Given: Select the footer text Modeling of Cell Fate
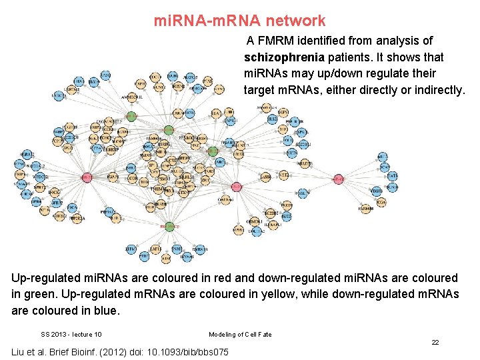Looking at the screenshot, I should coord(240,334).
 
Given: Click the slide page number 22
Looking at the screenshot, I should coord(435,342).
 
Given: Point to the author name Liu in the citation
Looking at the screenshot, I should coord(20,351).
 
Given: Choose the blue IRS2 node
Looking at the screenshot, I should coord(273,119).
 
